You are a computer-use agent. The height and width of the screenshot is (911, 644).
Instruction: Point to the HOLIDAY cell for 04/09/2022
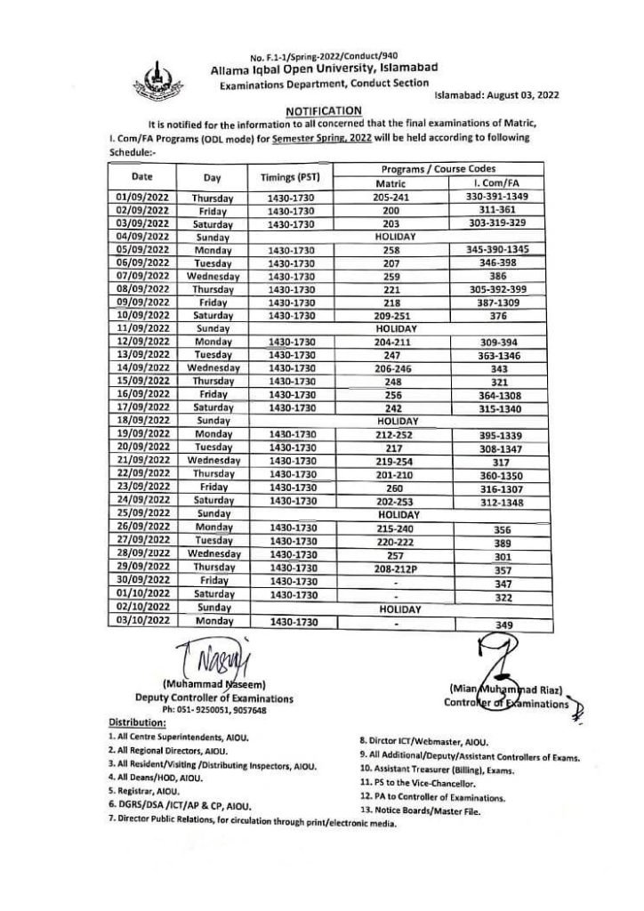coord(390,238)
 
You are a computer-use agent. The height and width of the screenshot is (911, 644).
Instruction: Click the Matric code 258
coord(390,250)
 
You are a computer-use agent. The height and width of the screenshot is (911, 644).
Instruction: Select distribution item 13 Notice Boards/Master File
coord(421,810)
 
